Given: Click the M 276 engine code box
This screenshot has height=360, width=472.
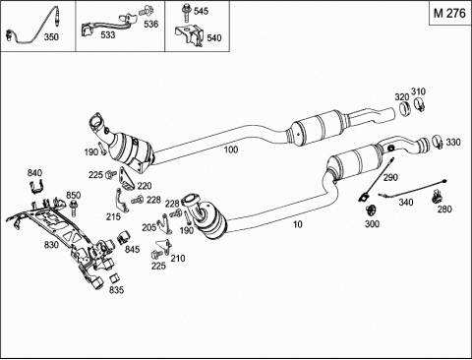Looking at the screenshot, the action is pos(449,13).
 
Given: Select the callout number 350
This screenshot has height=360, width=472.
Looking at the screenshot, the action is pos(51,37).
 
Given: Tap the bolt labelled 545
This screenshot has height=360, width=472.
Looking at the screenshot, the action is pos(186,13).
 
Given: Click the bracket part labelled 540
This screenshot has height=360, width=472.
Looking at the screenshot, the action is pos(189,35).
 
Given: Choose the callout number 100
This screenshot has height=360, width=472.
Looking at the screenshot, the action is pos(231,150).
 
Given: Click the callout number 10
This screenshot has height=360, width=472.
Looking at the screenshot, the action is pos(297,224).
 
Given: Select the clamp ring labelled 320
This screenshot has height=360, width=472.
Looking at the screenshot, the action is pos(406,108).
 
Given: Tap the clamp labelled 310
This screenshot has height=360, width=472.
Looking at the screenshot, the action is pos(420,104).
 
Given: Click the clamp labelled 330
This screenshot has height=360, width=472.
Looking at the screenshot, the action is pos(438,142).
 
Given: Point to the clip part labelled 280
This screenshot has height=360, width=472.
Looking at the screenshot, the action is pos(437,196).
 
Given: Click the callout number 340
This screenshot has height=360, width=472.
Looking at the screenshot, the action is pos(406,203).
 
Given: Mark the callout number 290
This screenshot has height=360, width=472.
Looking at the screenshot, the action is pos(390,177).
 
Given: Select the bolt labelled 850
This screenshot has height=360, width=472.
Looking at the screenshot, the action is pos(74,208).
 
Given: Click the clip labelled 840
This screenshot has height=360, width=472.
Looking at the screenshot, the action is pos(35,187).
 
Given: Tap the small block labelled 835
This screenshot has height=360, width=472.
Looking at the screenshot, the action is pos(113,278).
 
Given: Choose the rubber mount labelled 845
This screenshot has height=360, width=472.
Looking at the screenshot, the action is pos(124,237).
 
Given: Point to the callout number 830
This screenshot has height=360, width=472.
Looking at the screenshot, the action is pos(51,245).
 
